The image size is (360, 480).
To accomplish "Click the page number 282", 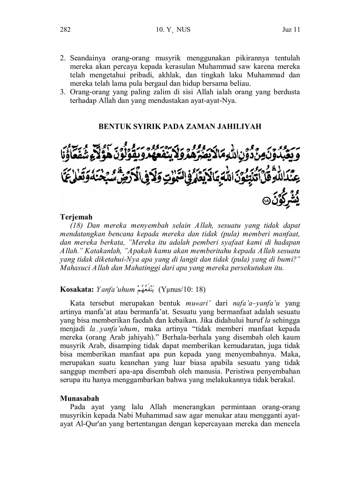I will point(65,30).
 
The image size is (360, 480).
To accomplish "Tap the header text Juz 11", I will point(291,30).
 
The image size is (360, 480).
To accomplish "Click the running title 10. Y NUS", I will point(173,30).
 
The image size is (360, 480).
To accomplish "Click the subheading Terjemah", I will point(76,217).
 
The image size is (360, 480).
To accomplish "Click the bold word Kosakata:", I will point(77,290).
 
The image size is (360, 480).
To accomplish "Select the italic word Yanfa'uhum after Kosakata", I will point(115,290).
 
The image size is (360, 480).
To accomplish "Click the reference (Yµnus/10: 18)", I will point(182,290).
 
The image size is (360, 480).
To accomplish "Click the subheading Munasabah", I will point(80,398).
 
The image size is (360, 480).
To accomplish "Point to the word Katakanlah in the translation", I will point(102,251).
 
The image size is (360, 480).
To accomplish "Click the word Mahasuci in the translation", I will point(74,268).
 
